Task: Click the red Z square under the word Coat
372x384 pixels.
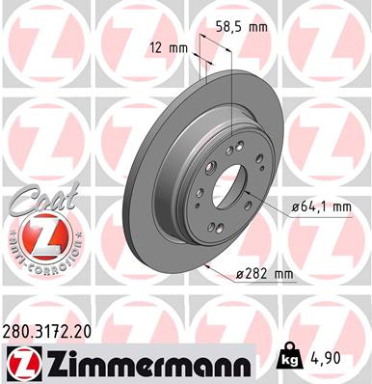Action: tap(35, 235)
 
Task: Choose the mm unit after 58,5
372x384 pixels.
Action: tap(257, 27)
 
